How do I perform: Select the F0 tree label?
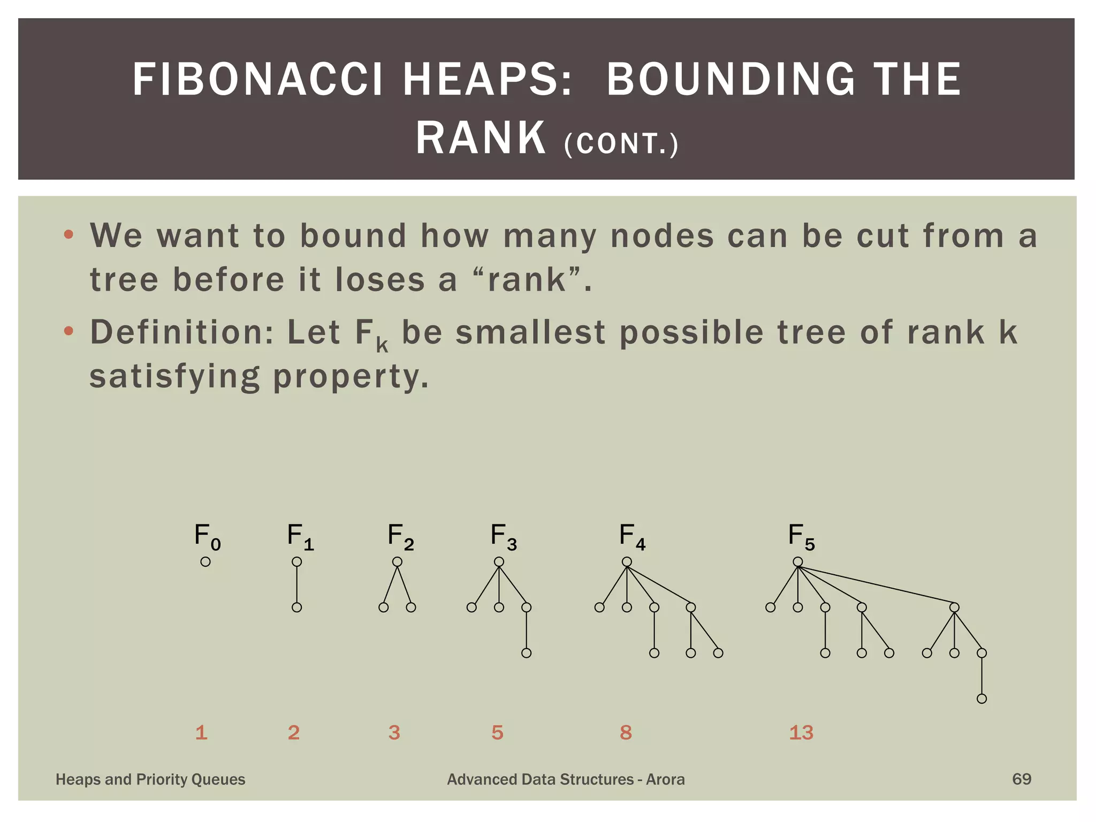[x=207, y=536]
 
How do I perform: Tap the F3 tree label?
[x=503, y=536]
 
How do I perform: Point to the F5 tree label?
[x=801, y=536]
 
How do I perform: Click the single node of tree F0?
[x=205, y=562]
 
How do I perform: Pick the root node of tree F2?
[x=397, y=562]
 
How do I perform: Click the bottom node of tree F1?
[x=297, y=607]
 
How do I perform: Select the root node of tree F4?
[x=627, y=562]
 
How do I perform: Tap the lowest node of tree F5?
[x=981, y=698]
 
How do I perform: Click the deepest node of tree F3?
[x=527, y=653]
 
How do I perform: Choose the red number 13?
[x=801, y=733]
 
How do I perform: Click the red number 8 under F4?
[x=626, y=733]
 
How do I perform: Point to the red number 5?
[x=497, y=733]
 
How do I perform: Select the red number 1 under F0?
[x=201, y=733]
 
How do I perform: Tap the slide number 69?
[x=1022, y=779]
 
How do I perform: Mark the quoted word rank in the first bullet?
[x=527, y=280]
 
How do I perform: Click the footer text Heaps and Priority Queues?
[x=150, y=780]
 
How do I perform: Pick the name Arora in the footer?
[x=665, y=780]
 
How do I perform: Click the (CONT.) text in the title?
[x=621, y=143]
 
